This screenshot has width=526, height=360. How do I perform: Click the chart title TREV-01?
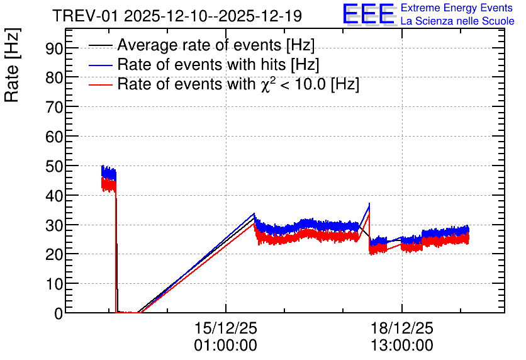click(85, 16)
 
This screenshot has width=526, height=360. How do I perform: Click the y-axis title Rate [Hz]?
click(12, 65)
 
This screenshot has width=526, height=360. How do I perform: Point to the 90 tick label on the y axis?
click(54, 48)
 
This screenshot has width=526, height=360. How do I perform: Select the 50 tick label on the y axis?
click(54, 166)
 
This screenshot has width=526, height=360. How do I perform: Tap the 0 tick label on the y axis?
click(59, 313)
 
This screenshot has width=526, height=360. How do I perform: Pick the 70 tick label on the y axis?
click(54, 108)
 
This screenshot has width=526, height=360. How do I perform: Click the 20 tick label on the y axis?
click(54, 255)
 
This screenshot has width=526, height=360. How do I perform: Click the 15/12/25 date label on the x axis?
click(226, 328)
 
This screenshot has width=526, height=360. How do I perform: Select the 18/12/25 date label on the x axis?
click(402, 328)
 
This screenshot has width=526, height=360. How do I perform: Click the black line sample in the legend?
click(100, 45)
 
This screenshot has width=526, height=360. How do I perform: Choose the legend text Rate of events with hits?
click(201, 64)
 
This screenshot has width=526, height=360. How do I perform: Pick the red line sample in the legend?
click(100, 84)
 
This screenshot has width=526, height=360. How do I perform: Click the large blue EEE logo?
click(369, 14)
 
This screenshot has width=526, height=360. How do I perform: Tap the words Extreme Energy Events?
click(457, 8)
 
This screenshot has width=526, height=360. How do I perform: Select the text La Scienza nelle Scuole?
click(457, 21)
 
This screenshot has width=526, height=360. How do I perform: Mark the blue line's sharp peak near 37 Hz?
click(369, 203)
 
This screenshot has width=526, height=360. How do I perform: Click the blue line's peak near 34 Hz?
click(254, 213)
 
